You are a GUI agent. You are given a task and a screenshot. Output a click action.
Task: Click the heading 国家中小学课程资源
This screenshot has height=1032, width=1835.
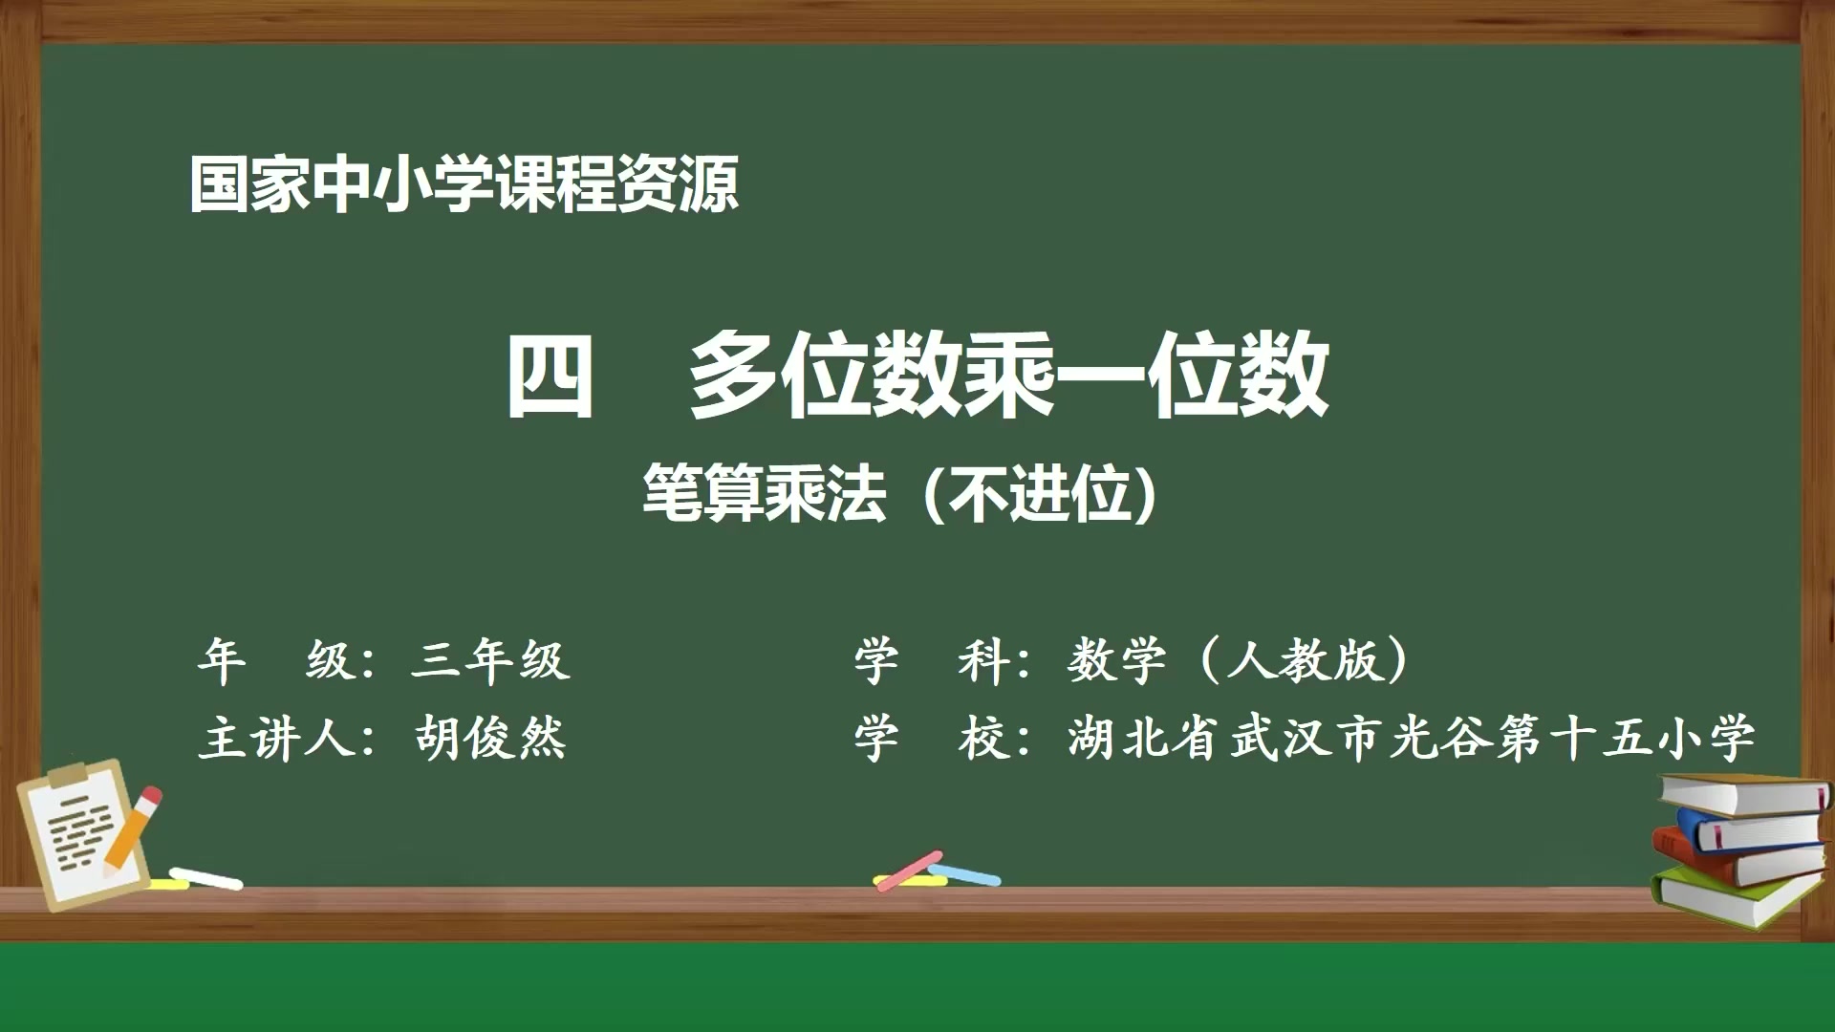[x=464, y=183]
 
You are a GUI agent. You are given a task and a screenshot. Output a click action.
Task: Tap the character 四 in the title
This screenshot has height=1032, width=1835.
[x=550, y=375]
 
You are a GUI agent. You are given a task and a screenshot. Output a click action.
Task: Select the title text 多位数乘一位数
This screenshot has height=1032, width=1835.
[x=1008, y=375]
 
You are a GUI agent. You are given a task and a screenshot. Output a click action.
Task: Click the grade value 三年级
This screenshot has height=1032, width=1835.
[x=490, y=660]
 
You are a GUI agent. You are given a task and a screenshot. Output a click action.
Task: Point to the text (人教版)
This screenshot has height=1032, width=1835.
[x=1303, y=660]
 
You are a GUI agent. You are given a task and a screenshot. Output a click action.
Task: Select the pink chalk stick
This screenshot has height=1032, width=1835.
[x=908, y=870]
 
